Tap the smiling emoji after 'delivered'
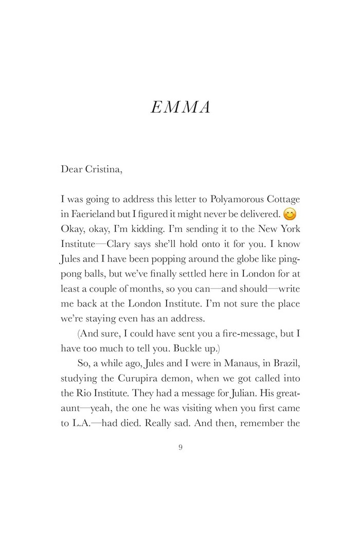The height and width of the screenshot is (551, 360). tap(291, 215)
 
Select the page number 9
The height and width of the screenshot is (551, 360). tap(180, 447)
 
